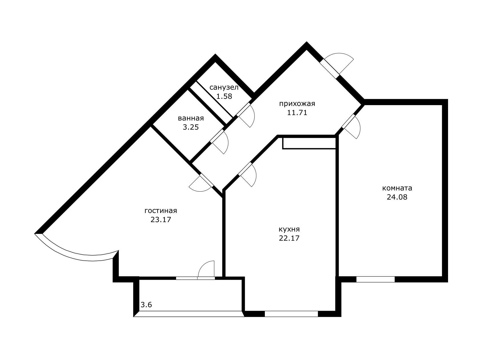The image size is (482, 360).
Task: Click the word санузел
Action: click(224, 87)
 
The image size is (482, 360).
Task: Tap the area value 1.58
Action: click(224, 96)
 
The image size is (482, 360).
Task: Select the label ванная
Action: click(191, 118)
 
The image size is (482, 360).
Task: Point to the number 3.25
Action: click(191, 127)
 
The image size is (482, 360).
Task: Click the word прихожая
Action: click(297, 104)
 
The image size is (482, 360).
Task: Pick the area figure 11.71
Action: click(297, 112)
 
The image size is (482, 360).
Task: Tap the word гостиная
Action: click(161, 211)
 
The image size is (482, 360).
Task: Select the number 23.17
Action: click(161, 220)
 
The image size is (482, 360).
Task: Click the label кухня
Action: click(289, 229)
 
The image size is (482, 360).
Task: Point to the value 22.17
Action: click(289, 238)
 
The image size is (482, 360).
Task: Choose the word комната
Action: click(397, 188)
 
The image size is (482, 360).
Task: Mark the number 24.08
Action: click(397, 197)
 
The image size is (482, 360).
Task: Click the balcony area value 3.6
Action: click(146, 305)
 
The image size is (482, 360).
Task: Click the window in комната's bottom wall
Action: click(376, 279)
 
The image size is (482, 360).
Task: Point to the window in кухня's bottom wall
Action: click(291, 314)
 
